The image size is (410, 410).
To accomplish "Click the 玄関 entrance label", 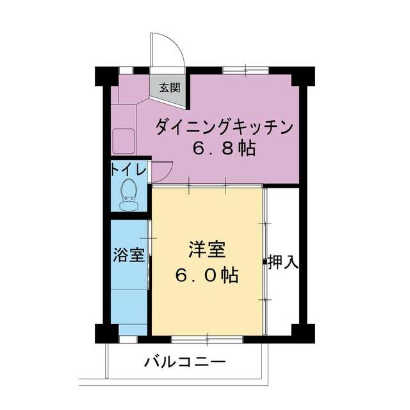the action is click(x=170, y=87).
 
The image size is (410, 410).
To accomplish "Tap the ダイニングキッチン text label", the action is click(x=224, y=127).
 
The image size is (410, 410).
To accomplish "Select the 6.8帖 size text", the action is click(x=224, y=149).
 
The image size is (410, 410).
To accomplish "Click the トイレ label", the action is click(x=128, y=170).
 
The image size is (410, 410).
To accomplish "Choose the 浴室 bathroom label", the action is click(x=129, y=255).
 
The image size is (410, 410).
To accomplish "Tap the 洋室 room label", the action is click(x=206, y=250).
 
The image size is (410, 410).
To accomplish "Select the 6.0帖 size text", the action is click(x=206, y=275).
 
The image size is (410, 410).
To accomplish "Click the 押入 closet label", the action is click(x=283, y=262).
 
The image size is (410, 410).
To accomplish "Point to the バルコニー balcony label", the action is click(x=185, y=363).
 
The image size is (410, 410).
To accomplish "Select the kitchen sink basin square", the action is click(x=124, y=142).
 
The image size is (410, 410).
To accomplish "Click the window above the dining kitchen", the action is click(x=245, y=70).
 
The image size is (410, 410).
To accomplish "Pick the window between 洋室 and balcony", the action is click(x=207, y=340).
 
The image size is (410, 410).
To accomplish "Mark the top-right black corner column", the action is click(x=303, y=76).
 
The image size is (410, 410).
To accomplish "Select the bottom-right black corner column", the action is click(x=303, y=334).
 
